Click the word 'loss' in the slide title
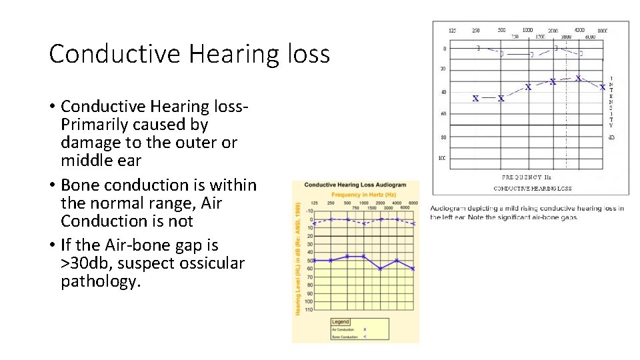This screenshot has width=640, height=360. [307, 54]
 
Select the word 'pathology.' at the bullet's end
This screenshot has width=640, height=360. [101, 281]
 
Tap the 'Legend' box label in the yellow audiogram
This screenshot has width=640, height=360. [341, 322]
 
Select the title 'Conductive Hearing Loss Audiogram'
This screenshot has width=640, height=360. [355, 185]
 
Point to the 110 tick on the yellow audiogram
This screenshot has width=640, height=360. [309, 310]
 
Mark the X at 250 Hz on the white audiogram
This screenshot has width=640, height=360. [475, 99]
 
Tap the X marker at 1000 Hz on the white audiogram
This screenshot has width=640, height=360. [527, 87]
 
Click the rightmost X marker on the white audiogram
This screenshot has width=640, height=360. [603, 87]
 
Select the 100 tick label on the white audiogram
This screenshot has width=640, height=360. [442, 159]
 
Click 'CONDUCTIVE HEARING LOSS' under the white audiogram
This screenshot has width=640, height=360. [532, 189]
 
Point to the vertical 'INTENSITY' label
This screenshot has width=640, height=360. [611, 102]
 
